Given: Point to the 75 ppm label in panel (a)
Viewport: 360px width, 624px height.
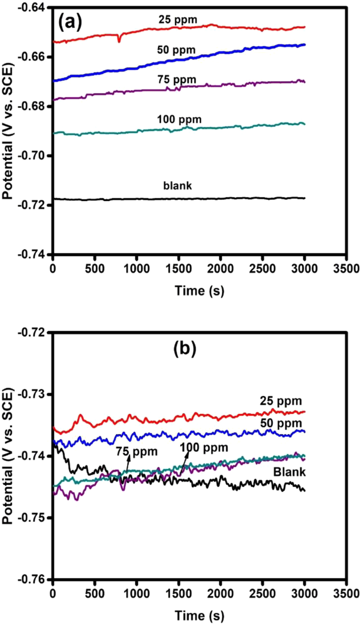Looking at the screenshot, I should (176, 79).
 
